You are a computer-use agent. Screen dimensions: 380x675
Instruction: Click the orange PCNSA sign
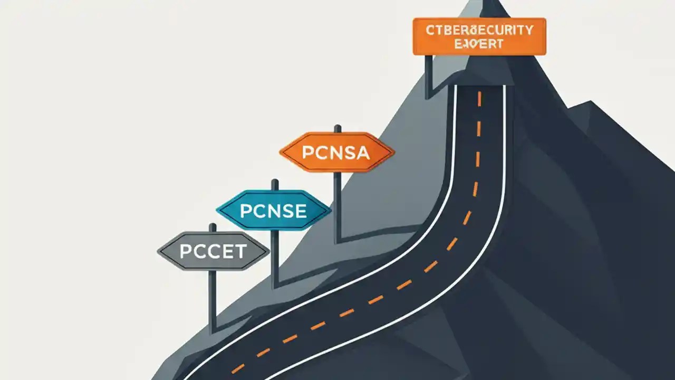click(337, 153)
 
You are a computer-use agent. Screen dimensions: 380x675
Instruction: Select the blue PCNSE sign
click(274, 211)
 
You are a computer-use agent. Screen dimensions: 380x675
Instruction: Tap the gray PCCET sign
click(214, 251)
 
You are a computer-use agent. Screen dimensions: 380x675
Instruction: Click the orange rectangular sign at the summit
click(479, 36)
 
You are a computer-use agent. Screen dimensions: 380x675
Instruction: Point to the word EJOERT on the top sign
click(479, 44)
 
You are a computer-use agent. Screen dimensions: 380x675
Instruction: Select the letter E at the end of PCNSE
click(301, 211)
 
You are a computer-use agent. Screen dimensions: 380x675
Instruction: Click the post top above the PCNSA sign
click(337, 128)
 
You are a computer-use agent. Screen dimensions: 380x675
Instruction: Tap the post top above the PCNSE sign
click(275, 183)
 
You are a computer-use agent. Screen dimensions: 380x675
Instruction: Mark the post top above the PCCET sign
click(213, 227)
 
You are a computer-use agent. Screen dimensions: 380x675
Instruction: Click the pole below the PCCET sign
click(213, 301)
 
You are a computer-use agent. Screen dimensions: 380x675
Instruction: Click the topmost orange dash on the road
click(479, 99)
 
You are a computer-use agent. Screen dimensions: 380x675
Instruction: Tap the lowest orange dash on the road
click(238, 368)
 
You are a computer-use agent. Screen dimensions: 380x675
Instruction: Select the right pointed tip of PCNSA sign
click(393, 153)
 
